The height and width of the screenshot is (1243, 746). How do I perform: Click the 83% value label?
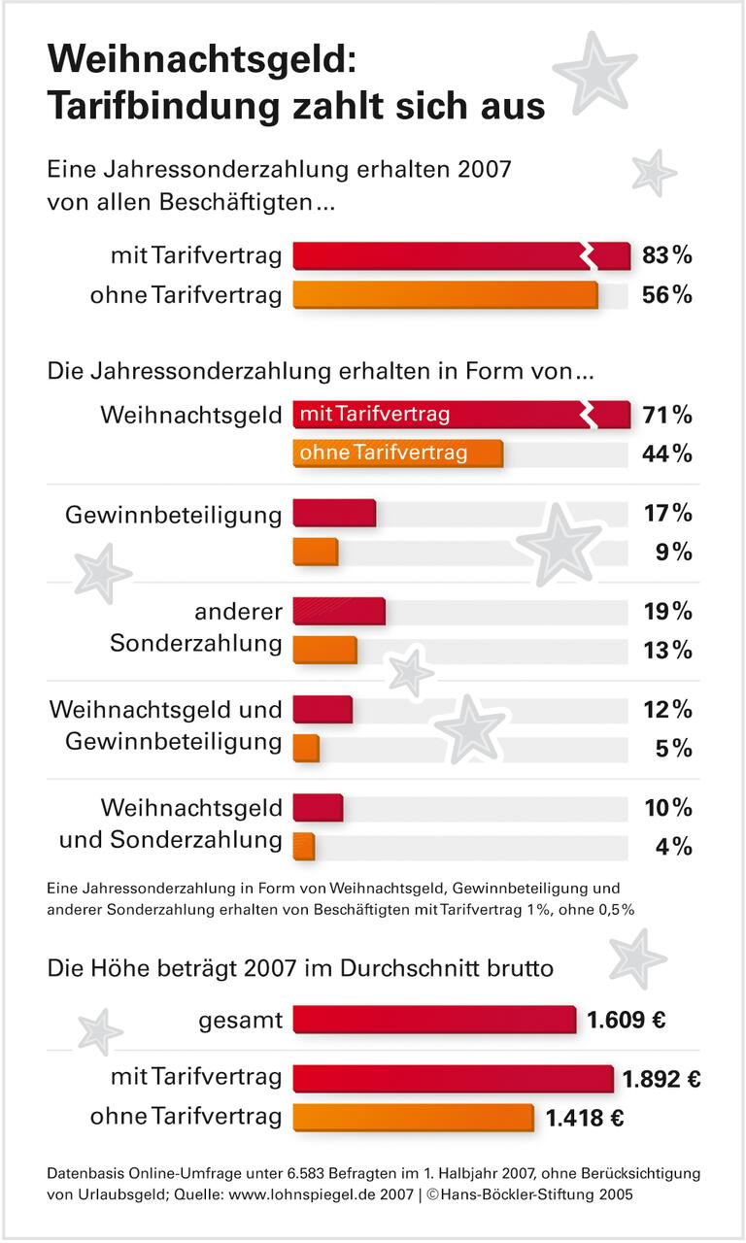666,256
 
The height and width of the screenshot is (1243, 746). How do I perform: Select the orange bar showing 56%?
445,294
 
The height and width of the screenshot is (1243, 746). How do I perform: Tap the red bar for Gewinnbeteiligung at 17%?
333,513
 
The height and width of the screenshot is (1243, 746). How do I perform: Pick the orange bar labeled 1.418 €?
413,1117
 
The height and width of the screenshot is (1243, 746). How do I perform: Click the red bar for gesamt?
434,1020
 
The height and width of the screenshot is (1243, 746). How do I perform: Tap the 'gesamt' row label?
240,1020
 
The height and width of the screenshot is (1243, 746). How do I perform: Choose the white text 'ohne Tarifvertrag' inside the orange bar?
384,453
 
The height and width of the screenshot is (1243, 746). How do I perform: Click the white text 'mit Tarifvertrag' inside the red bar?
375,415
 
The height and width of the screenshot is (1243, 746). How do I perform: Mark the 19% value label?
667,612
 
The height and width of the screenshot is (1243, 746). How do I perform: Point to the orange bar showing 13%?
324,650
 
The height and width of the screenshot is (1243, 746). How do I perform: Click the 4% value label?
674,847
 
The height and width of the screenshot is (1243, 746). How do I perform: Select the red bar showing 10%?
318,808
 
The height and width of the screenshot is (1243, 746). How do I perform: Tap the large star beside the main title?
594,71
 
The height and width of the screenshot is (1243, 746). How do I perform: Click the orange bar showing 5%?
306,749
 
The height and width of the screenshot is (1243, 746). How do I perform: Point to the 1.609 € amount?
626,1020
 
